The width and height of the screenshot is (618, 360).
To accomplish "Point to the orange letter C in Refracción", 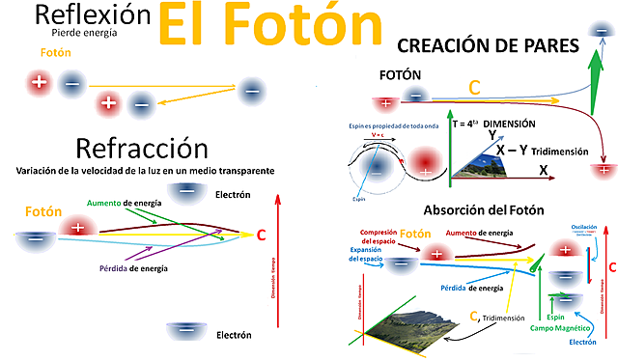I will pos(262,234).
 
